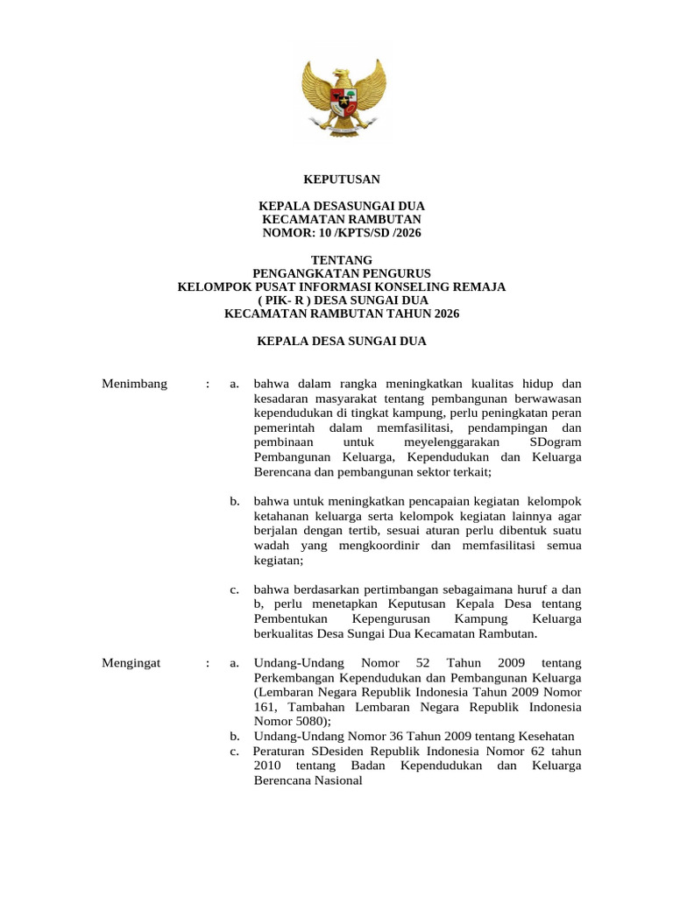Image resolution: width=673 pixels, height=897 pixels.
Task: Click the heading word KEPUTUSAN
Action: pos(342,179)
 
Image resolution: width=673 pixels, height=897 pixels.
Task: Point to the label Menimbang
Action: pos(134,384)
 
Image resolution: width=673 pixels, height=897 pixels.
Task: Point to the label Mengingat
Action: pos(131,663)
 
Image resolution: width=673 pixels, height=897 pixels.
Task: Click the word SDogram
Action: pos(556,442)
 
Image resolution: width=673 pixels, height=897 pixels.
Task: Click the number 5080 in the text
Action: pos(310,722)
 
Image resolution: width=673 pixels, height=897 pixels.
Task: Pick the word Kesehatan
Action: pos(546,736)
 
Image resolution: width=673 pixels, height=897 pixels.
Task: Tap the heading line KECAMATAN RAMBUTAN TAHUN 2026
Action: pos(342,314)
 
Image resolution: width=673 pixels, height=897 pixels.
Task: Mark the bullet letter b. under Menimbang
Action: pos(235,501)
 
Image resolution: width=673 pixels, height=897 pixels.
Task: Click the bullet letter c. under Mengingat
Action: pos(235,751)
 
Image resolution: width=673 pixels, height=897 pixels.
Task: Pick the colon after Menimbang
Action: pos(208,384)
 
